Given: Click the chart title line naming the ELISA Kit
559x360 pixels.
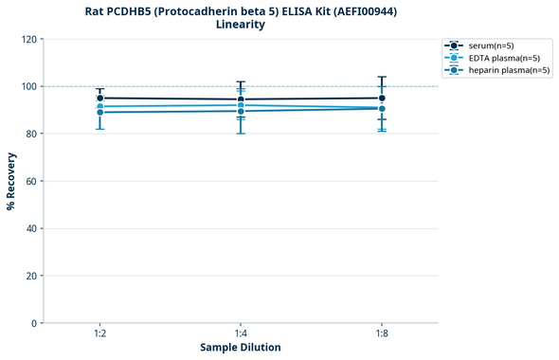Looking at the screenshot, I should [x=241, y=10].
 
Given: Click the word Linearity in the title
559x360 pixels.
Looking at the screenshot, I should [x=241, y=25].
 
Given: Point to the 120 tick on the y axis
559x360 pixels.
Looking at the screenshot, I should [x=28, y=39].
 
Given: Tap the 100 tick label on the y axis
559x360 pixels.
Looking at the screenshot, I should [x=28, y=86].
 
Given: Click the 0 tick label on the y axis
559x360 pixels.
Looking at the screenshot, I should [x=34, y=323].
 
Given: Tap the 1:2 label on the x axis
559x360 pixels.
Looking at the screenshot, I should [x=99, y=333].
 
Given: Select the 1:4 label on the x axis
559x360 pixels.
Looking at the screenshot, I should [x=241, y=333].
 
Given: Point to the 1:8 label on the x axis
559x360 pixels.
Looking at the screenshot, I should [x=382, y=333].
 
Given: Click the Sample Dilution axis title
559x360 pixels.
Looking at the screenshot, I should [x=241, y=348].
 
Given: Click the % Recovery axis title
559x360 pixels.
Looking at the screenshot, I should [x=11, y=181].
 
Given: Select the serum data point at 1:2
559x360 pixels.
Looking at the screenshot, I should [x=99, y=98].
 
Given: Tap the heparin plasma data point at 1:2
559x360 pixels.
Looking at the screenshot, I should [x=99, y=113].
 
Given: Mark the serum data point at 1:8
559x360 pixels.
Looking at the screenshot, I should [x=382, y=98].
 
